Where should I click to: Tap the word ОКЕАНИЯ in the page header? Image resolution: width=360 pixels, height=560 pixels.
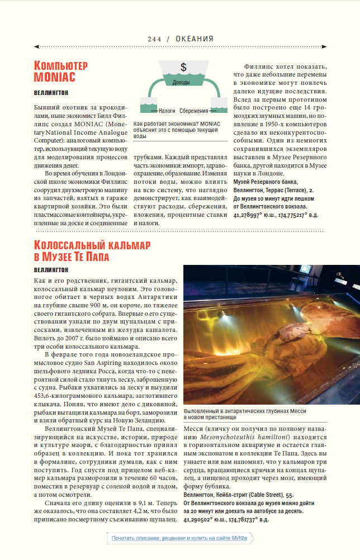tap(195, 39)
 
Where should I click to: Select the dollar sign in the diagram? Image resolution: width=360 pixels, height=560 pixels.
tap(183, 68)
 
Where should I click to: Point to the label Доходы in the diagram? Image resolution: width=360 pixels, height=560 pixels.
tap(181, 82)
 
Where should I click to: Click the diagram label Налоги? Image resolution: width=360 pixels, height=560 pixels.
tap(167, 111)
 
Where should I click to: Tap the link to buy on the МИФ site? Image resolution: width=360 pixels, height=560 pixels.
tap(180, 538)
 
